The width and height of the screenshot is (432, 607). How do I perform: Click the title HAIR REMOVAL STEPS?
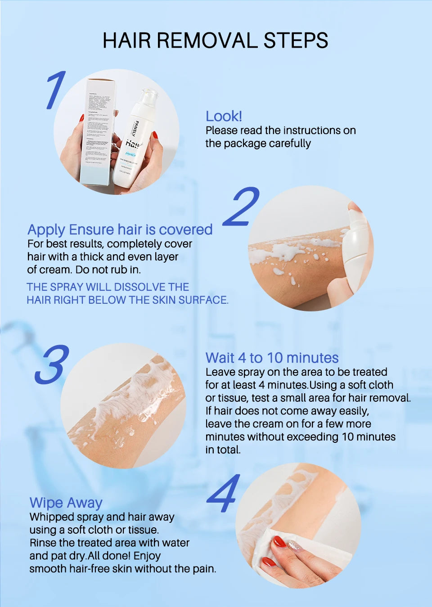[215, 40]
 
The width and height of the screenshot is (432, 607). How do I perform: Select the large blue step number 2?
[242, 207]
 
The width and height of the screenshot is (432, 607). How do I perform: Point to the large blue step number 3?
[52, 364]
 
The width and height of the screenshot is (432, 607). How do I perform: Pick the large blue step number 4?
[224, 494]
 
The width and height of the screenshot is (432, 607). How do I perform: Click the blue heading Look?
[224, 116]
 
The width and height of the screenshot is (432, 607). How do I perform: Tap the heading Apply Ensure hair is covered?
[120, 229]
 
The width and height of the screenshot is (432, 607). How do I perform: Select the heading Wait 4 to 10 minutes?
[272, 358]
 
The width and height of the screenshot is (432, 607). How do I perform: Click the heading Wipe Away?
[66, 503]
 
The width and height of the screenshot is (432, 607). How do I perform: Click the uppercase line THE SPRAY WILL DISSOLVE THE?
[108, 287]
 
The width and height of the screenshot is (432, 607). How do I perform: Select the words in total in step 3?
[223, 450]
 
